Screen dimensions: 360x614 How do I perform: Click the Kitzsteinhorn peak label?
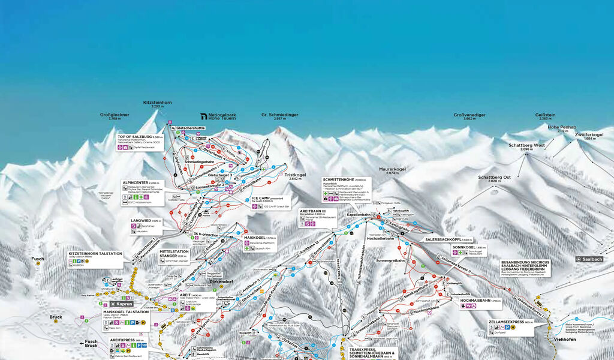(158, 103)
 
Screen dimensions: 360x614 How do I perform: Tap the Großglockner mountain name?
(115, 114)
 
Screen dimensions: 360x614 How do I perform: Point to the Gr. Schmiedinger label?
(279, 114)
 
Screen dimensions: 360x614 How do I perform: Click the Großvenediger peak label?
(469, 114)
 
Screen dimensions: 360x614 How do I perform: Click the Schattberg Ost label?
(494, 178)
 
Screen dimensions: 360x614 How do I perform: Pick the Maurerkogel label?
(393, 169)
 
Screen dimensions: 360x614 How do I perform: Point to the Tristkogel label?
(297, 175)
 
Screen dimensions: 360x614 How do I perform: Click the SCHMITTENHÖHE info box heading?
(336, 179)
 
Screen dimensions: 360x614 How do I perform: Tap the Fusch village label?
(38, 259)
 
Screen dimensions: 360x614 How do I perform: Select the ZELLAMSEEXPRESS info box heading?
(505, 322)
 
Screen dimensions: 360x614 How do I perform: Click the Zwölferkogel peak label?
(589, 135)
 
